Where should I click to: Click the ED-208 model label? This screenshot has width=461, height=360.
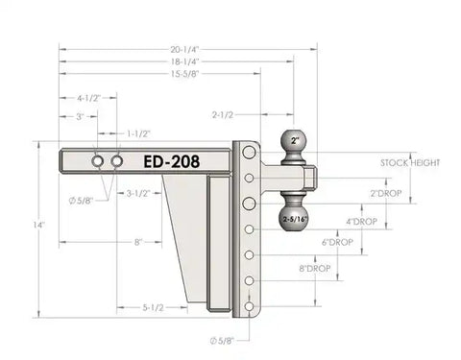point(171,162)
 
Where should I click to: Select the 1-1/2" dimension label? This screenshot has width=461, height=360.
point(139,133)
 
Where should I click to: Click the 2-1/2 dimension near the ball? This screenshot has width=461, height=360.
point(224,116)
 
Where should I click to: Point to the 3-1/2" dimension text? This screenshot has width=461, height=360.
point(139,194)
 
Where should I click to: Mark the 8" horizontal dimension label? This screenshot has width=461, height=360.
point(139,243)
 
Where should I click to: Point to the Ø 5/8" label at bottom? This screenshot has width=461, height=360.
point(221,340)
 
